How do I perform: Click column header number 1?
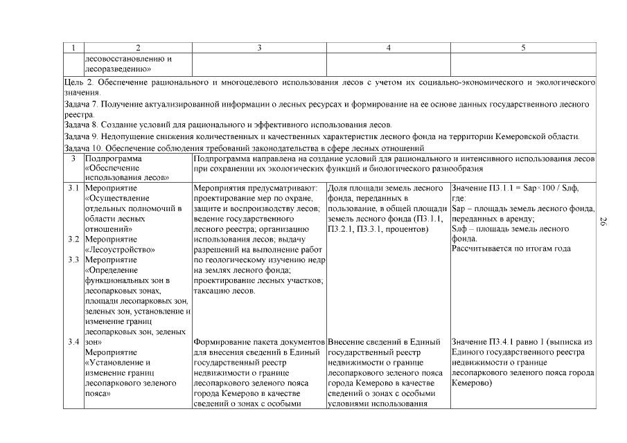coord(73,48)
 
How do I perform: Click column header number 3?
coord(258,48)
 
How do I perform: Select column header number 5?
coord(523,48)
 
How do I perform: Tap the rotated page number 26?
coord(603,221)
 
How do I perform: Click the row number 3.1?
coord(73,188)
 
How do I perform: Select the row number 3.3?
coord(73,260)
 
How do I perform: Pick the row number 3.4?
coord(73,342)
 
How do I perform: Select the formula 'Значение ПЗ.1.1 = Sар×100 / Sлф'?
coord(515,188)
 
